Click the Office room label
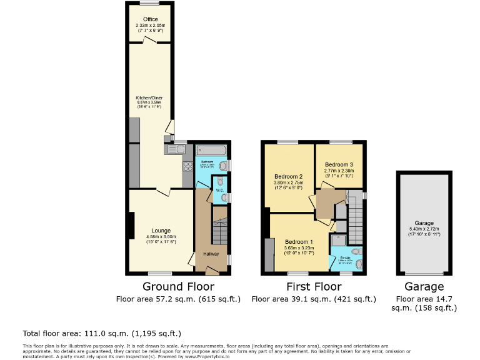(150, 19)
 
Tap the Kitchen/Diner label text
(149, 98)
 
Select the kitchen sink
(176, 149)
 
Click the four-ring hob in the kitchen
(187, 166)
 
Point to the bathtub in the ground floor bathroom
(211, 150)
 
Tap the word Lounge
(161, 231)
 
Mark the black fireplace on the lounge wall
(131, 226)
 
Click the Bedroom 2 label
(288, 176)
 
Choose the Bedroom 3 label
(339, 164)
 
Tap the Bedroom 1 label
(299, 242)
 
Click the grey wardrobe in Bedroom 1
(269, 254)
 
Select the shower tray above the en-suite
(339, 239)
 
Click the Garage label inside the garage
(424, 223)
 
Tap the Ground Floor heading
(178, 287)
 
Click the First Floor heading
(314, 287)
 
